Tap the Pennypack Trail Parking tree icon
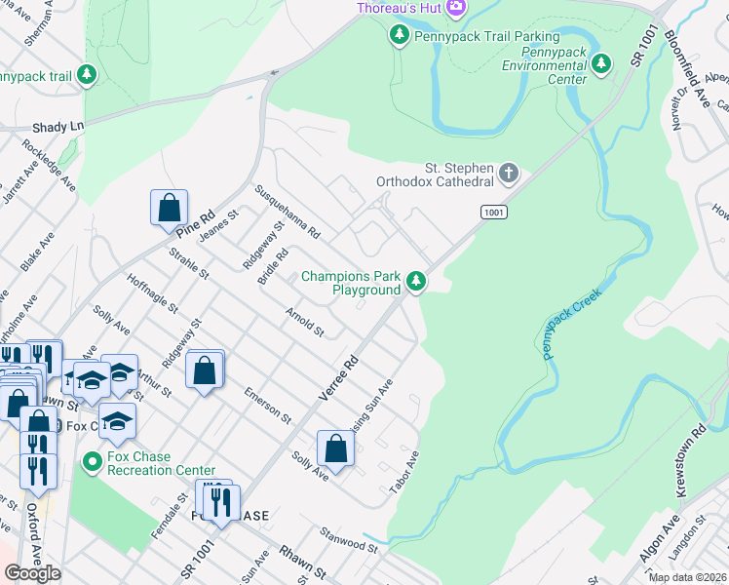[399, 36]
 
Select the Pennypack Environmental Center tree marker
[602, 64]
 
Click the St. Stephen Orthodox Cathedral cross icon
[508, 175]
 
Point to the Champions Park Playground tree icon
[416, 282]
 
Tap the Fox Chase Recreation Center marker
[92, 460]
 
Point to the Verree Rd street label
[339, 378]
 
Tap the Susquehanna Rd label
[288, 213]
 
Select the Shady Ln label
[58, 126]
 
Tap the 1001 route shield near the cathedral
[492, 212]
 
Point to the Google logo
[33, 573]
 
